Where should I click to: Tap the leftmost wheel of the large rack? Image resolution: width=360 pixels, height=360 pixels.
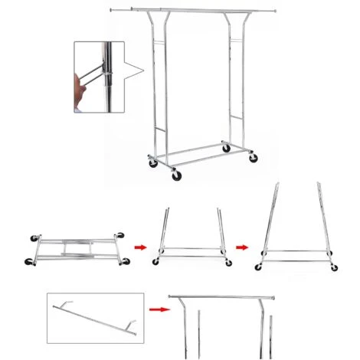pyautogui.click(x=152, y=162)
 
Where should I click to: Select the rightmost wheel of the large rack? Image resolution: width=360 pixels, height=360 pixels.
pyautogui.click(x=254, y=158)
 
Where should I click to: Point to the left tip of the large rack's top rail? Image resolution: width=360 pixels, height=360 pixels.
pyautogui.click(x=112, y=10)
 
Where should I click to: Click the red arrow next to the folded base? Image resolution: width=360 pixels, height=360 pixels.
pyautogui.click(x=140, y=247)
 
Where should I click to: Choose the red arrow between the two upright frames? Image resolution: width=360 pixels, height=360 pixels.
pyautogui.click(x=242, y=247)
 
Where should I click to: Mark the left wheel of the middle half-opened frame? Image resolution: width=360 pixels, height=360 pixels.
pyautogui.click(x=155, y=262)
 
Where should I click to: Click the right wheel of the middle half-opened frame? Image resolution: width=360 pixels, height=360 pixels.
pyautogui.click(x=227, y=262)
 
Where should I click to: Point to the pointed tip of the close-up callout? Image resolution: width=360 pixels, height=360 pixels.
pyautogui.click(x=143, y=73)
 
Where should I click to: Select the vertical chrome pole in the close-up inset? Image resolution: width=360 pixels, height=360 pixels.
pyautogui.click(x=111, y=77)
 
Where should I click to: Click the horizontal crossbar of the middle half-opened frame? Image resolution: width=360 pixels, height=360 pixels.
pyautogui.click(x=191, y=249)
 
